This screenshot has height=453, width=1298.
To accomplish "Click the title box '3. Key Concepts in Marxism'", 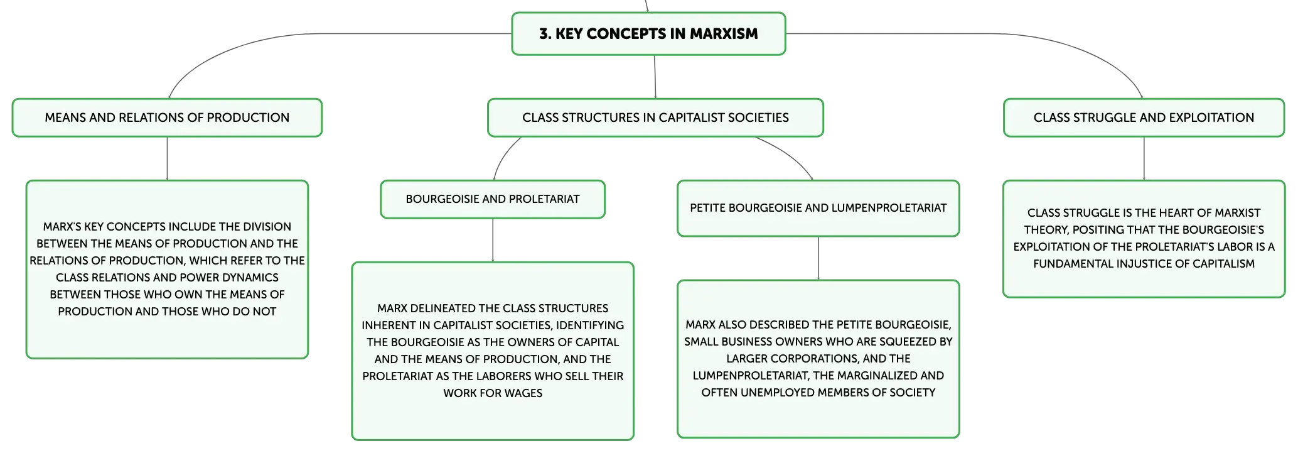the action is point(648,34).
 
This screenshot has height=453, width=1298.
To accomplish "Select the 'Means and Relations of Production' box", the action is point(167,117).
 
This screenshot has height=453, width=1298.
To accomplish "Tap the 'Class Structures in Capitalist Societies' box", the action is point(655,117).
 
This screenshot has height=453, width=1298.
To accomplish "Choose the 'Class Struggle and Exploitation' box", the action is point(1144,117).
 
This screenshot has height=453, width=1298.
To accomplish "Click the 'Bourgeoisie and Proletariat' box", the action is point(493,199).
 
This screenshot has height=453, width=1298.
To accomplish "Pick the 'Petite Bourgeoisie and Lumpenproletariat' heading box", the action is point(818,208).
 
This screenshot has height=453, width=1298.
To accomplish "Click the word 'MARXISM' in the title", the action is point(724,34).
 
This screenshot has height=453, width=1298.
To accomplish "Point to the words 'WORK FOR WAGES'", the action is point(493,393).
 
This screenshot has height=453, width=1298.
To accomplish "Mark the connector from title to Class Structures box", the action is point(655,77).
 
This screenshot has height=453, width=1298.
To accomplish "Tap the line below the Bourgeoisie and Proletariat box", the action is point(493,240).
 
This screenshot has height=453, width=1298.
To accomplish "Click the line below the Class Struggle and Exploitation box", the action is point(1144,158).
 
